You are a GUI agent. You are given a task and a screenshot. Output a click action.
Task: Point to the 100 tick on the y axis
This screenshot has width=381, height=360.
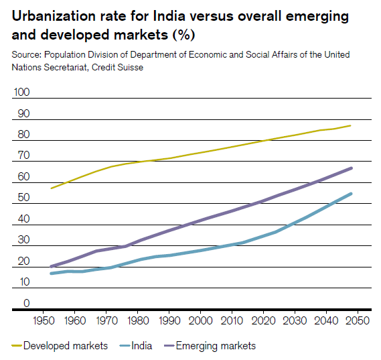(21, 93)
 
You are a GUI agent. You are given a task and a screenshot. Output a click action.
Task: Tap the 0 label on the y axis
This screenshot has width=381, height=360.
(25, 303)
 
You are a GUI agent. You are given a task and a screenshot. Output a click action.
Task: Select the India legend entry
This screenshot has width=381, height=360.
(141, 346)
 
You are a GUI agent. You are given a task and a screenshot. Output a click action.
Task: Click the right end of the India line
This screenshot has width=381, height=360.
(352, 194)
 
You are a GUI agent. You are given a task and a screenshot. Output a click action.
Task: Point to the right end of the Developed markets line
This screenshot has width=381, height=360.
(352, 125)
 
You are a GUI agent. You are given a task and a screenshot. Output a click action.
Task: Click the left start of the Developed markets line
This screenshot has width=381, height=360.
(52, 188)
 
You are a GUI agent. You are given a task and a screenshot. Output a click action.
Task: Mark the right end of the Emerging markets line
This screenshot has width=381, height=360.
(352, 168)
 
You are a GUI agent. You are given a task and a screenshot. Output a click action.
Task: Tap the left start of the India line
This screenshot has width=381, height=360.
(52, 274)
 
